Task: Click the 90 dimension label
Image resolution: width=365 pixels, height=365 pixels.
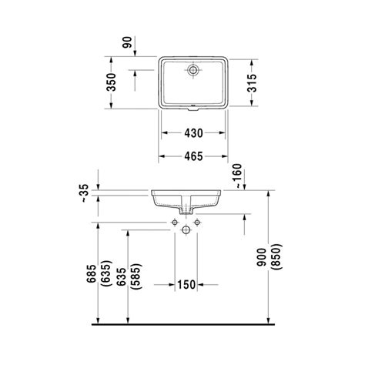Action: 127,42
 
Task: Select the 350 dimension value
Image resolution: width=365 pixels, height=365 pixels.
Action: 112,82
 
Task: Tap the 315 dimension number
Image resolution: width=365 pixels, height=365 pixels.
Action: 252,82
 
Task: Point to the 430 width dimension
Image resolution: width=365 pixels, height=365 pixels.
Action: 193,133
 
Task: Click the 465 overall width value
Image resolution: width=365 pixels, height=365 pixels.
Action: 193,156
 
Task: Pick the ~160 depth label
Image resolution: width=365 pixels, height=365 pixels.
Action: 238,176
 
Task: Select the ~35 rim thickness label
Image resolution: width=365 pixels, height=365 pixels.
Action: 85,193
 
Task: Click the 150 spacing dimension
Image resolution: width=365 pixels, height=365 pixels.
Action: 186,284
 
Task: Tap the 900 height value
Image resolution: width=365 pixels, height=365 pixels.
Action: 263,256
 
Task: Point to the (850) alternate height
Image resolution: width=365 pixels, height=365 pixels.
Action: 278,256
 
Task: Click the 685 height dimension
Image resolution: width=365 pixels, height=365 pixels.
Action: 92,274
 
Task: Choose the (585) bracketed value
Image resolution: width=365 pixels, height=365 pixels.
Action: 136,276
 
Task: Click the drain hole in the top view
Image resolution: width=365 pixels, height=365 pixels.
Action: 193,69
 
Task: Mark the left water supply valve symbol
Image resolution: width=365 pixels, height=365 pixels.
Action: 175,222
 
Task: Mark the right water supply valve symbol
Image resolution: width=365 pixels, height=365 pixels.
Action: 197,222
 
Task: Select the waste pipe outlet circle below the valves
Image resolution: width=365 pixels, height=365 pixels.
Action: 186,229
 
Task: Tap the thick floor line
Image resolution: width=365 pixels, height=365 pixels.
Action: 183,324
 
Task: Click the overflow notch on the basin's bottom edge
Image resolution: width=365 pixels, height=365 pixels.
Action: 193,109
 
